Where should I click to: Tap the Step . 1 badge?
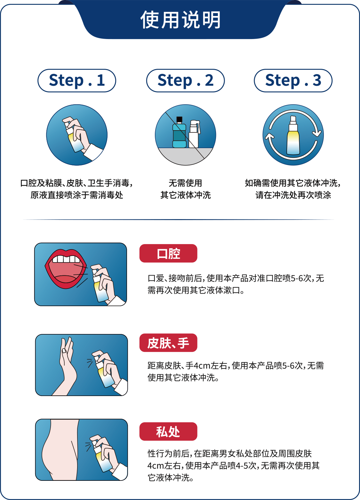77,80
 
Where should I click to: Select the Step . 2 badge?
185,80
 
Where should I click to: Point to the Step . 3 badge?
293,80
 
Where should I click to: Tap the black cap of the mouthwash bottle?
179,120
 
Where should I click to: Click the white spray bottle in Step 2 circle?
194,134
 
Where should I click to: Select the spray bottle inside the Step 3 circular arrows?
293,135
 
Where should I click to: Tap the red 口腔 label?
168,253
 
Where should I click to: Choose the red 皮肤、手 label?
168,343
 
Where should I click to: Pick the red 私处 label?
168,432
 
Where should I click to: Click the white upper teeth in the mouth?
66,259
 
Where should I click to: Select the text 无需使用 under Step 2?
185,183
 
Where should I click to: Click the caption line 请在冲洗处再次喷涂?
293,195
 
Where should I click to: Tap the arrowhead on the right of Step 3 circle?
317,133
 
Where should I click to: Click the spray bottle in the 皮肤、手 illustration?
103,371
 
